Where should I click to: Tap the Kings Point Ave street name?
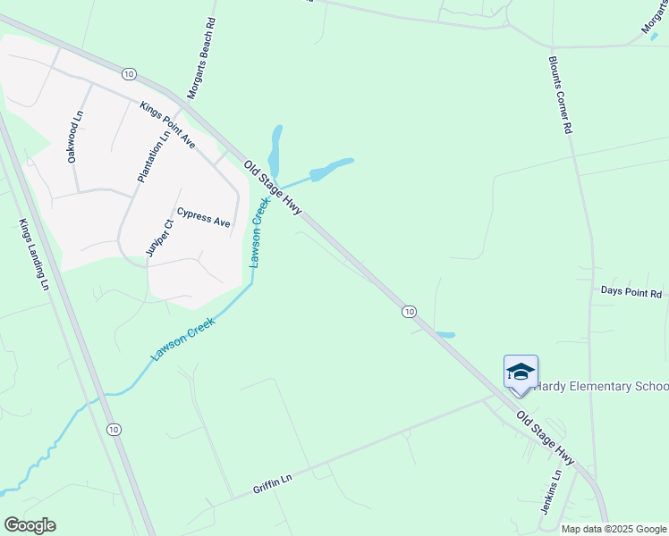[167, 125]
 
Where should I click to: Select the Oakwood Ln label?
[75, 137]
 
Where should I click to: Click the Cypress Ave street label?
[203, 217]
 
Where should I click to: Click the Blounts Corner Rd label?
[560, 96]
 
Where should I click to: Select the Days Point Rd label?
[631, 292]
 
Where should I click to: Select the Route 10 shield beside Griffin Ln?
[113, 430]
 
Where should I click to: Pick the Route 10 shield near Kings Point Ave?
[130, 72]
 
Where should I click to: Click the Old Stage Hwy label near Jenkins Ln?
[544, 438]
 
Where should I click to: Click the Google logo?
[30, 525]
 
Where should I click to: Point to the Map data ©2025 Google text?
[613, 529]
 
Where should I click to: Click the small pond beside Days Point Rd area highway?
[445, 335]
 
